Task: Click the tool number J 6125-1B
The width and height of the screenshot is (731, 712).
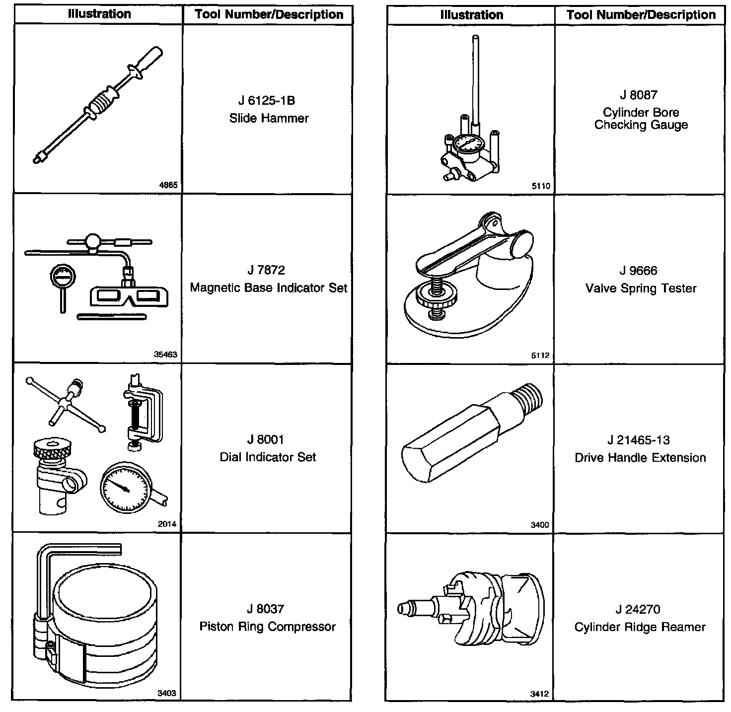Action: tap(267, 101)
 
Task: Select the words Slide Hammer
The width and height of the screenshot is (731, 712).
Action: tap(269, 118)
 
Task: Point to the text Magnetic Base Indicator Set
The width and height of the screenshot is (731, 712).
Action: tap(269, 288)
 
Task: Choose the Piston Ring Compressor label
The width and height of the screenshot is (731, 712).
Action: tap(268, 627)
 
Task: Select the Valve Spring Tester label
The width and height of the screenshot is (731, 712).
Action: tap(641, 288)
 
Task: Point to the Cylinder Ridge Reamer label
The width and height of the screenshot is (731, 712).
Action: tap(640, 627)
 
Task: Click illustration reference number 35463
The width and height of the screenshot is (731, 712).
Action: tap(165, 355)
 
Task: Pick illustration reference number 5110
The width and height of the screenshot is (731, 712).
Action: tap(541, 186)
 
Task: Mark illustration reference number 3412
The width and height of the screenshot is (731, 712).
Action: tap(539, 694)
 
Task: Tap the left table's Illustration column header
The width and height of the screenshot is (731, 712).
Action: tap(99, 14)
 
